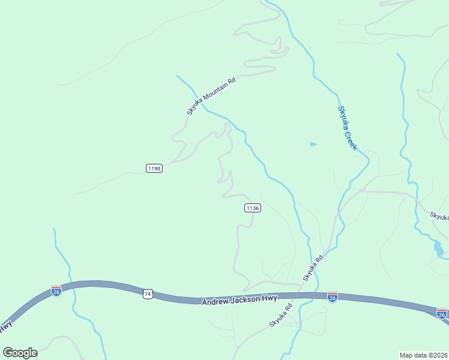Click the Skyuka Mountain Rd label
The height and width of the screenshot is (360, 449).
[x=211, y=95]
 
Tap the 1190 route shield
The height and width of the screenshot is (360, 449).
[x=154, y=169]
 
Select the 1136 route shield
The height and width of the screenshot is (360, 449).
[x=252, y=208]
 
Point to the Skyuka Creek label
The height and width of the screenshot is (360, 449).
[x=347, y=128]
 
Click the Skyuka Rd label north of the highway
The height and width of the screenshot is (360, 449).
[x=313, y=268]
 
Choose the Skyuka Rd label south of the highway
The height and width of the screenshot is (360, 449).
[x=280, y=315]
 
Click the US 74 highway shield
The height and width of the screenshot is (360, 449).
[x=148, y=294]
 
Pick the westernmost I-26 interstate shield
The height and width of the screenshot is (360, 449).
[x=56, y=291]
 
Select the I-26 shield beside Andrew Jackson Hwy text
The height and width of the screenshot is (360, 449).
[x=333, y=297]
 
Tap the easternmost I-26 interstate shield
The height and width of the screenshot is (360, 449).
[x=442, y=314]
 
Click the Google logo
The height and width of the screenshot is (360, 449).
[x=20, y=353]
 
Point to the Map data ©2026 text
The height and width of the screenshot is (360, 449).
[x=424, y=354]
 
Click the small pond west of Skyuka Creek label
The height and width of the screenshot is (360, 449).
[x=313, y=144]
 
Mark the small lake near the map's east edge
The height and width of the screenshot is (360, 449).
[x=439, y=248]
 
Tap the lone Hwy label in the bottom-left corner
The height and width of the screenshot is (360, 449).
[x=6, y=328]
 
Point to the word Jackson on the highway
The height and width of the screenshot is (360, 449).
[x=240, y=299]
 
